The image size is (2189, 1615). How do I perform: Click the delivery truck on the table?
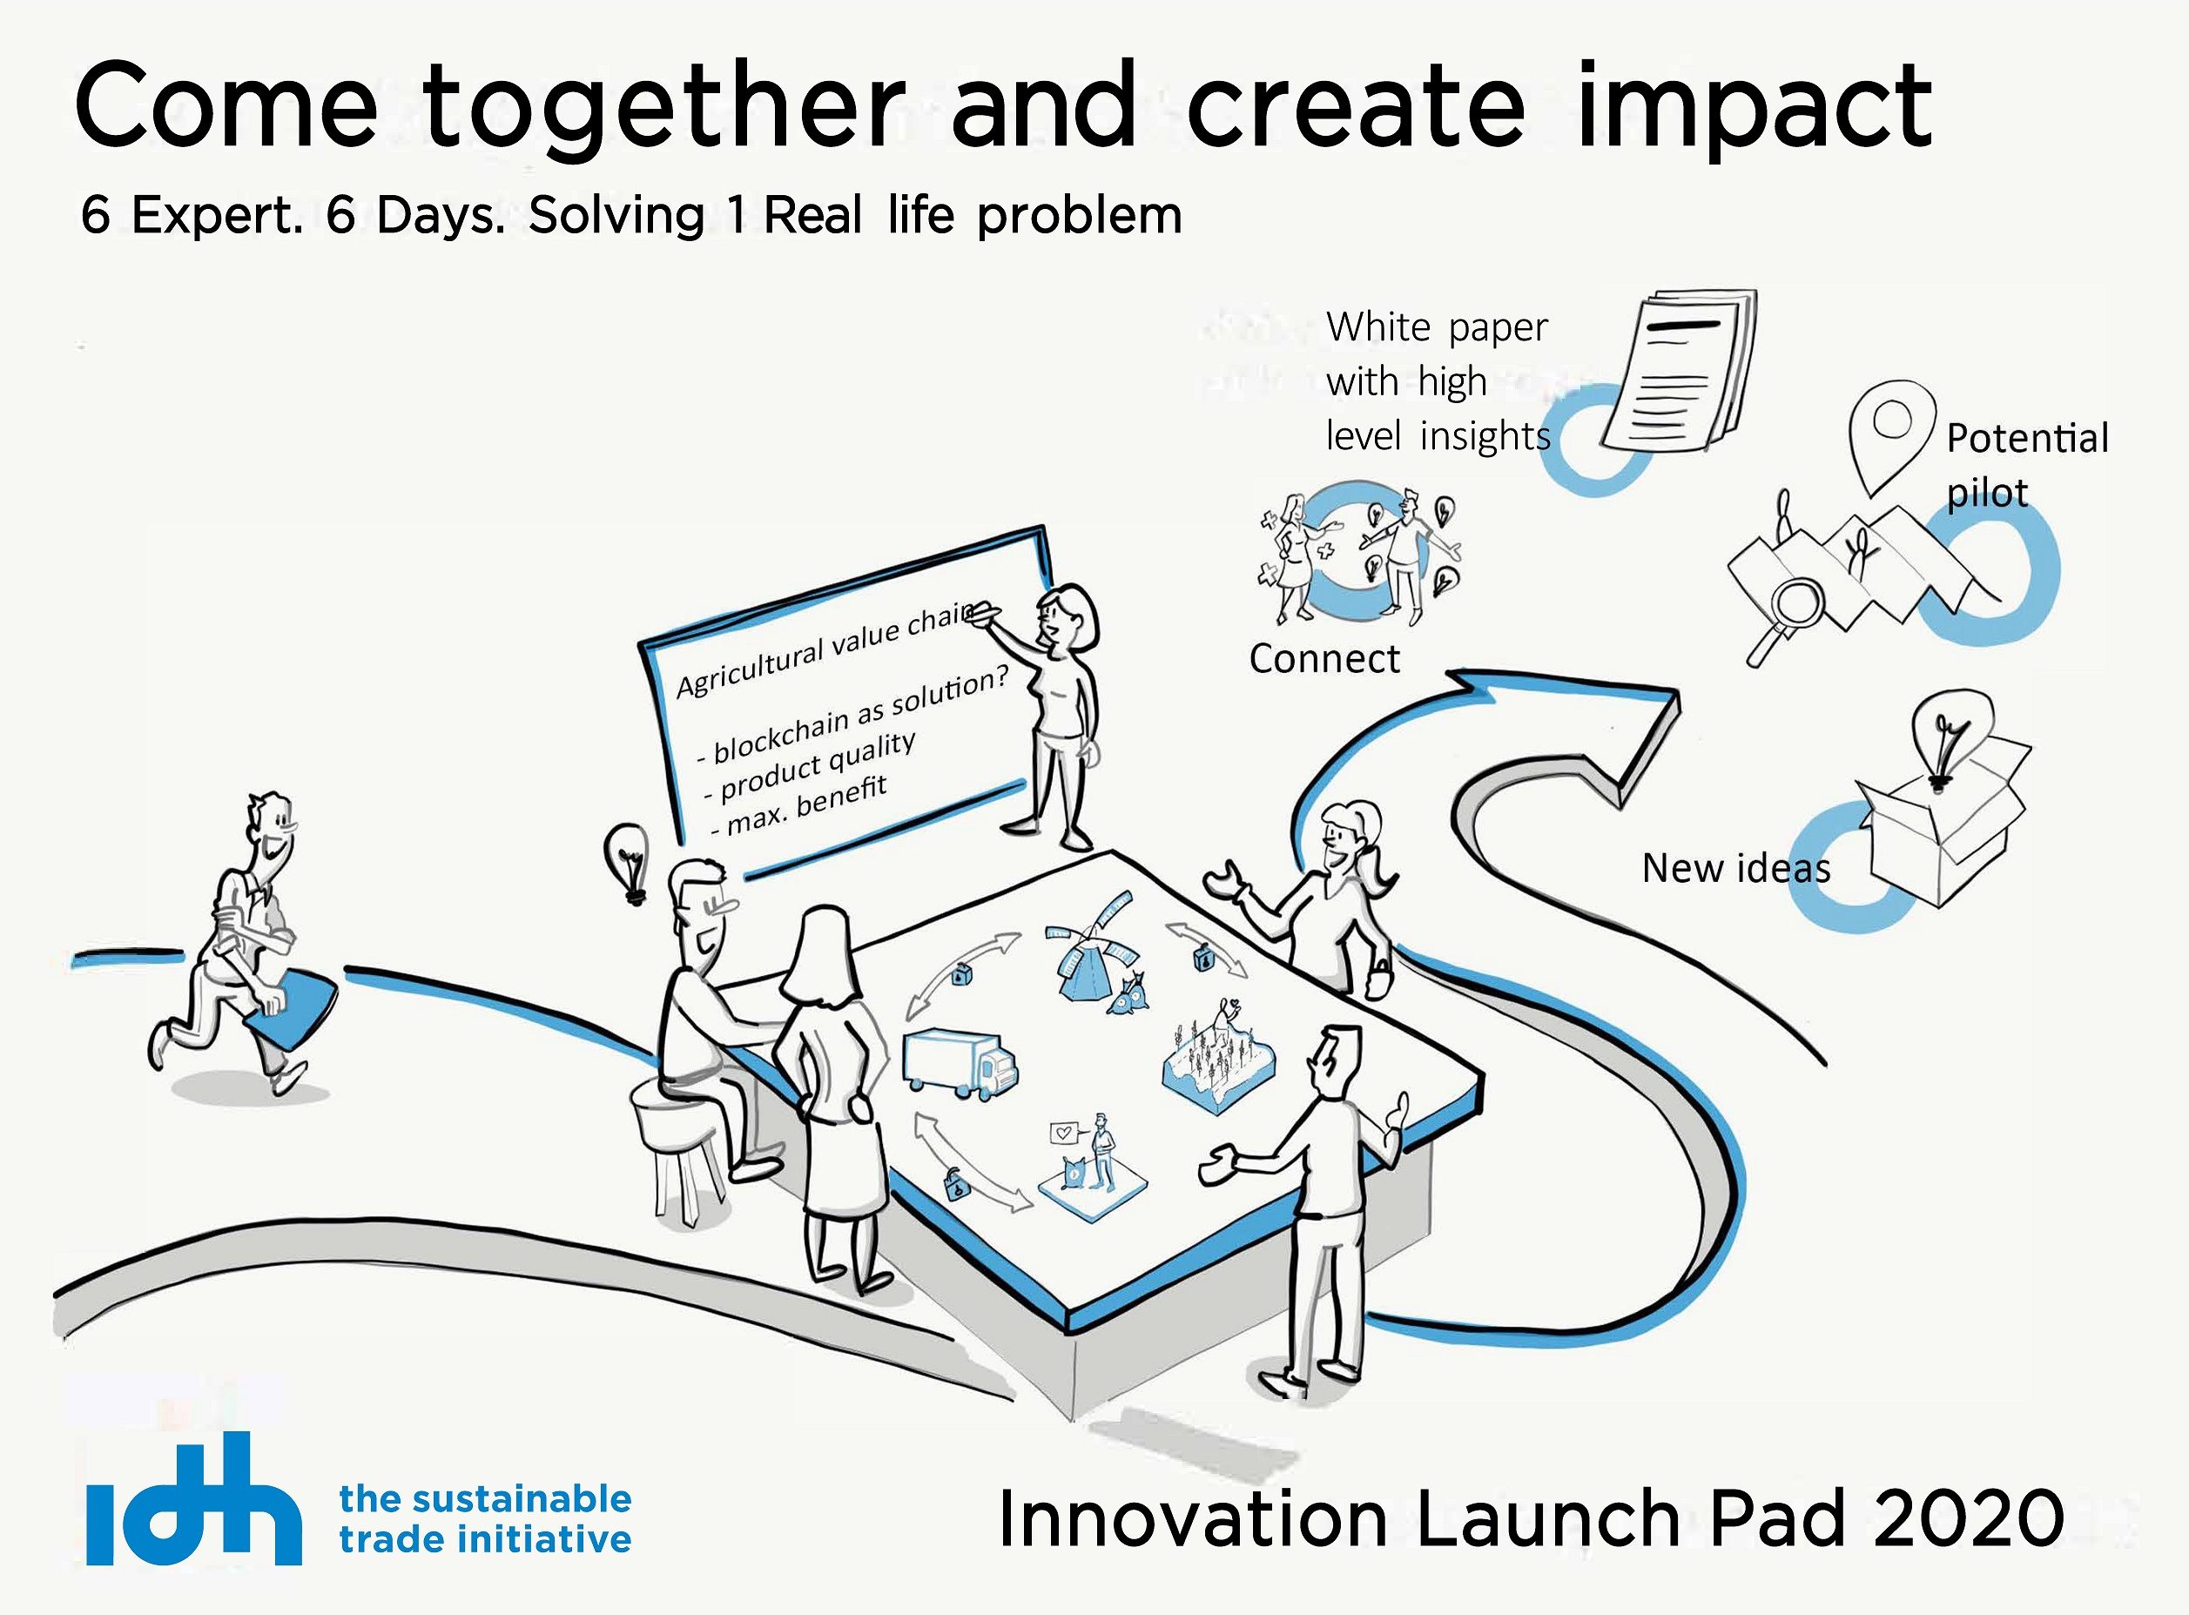(x=959, y=1065)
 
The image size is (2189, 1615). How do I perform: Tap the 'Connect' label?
(x=1324, y=659)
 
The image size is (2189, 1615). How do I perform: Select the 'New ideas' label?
(x=1735, y=868)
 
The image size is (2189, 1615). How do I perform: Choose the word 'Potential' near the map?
(x=2028, y=438)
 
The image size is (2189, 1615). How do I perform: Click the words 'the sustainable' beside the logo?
(x=485, y=1498)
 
